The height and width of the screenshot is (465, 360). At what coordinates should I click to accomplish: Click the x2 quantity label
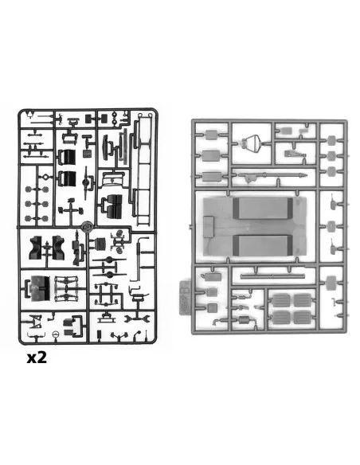tap(37, 358)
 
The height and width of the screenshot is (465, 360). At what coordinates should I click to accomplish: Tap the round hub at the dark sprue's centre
tap(87, 227)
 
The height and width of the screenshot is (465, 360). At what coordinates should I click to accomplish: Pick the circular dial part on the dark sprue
tap(56, 334)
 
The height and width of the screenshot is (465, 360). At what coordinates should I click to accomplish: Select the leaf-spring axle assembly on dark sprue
tap(66, 288)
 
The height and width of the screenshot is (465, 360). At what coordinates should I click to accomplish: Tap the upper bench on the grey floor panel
tap(263, 208)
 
